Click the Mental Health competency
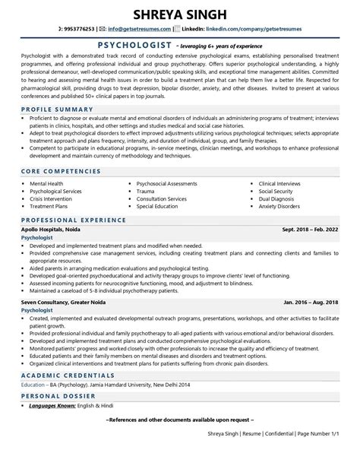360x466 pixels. [47, 183]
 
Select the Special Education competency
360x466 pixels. [162, 206]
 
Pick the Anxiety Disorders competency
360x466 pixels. [283, 206]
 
